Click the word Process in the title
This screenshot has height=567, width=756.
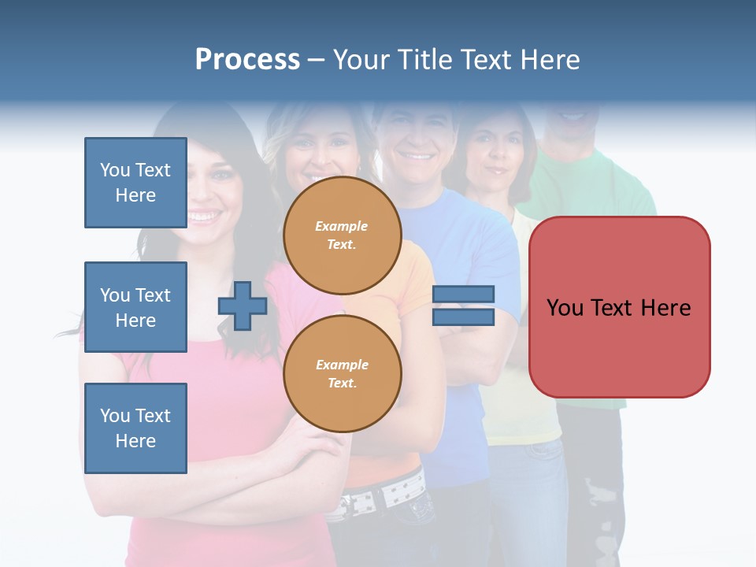247,60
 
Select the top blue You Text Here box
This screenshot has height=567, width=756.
135,183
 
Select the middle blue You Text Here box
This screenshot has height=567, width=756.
135,307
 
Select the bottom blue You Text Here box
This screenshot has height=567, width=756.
135,428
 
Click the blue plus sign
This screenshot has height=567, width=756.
243,306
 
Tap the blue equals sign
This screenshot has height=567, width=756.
463,306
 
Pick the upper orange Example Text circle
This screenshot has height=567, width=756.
342,235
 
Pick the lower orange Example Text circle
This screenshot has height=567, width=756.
342,374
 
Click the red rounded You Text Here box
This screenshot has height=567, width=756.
619,307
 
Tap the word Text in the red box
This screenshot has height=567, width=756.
619,308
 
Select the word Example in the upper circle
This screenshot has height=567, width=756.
342,226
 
